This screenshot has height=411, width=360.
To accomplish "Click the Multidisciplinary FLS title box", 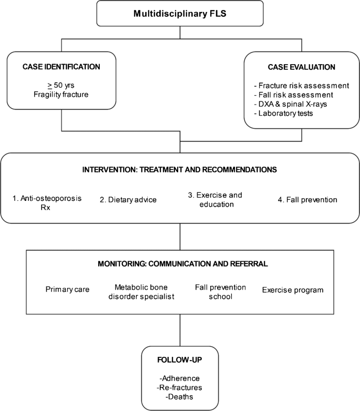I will pos(180,13).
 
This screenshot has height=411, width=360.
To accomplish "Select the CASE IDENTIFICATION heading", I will pos(61,67).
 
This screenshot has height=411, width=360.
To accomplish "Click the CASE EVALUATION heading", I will pos(301,67).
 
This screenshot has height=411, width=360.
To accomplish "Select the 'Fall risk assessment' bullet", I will pos(297,94).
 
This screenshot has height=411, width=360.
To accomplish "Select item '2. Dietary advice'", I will pos(128,199).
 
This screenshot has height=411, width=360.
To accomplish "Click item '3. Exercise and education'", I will pos(215,199).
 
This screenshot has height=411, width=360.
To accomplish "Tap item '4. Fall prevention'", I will pos(307,199).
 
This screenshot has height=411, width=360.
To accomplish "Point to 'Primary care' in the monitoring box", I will pos(67,290).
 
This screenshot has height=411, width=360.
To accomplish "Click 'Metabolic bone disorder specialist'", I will pos(144,292).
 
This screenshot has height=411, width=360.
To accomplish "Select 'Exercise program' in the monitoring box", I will pos(293,290).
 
